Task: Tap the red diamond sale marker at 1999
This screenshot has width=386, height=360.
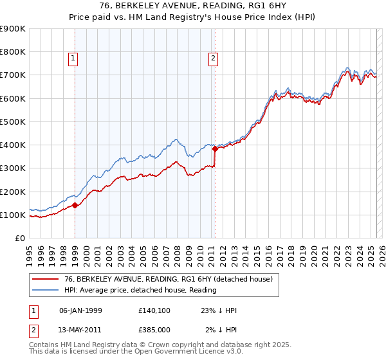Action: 75,206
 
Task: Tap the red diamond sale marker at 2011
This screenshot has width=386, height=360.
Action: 215,148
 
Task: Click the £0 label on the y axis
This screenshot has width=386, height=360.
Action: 19,239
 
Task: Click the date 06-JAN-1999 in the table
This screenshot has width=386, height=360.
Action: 80,310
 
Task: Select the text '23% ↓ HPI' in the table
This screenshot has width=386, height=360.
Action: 219,310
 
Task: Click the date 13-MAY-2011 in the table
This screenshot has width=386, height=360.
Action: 80,330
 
